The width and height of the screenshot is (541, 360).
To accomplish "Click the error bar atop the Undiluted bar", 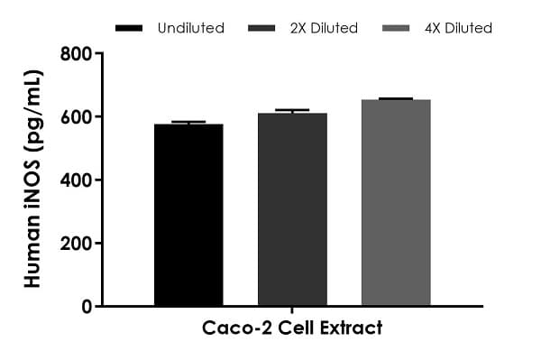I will point(188,122).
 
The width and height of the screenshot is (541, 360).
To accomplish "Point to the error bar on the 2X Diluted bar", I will point(292,111).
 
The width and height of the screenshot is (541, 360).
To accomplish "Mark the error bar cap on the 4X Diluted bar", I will point(396,98).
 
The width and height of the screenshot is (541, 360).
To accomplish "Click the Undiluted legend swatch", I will point(131,29).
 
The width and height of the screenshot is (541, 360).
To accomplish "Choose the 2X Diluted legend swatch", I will point(264,29).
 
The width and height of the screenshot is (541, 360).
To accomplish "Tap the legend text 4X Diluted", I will point(460,29).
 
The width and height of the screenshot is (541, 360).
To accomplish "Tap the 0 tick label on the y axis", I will point(86,307).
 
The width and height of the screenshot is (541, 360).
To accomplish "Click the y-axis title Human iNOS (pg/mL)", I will point(33,180).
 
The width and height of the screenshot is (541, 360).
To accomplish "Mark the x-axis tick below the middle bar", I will point(292,310).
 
